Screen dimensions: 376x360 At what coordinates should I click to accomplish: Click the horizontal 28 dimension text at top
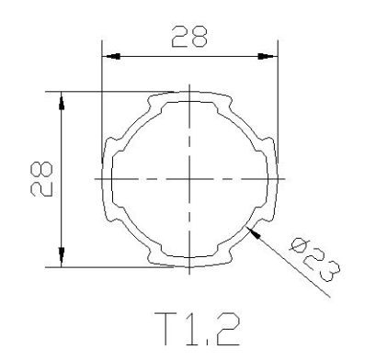(x=189, y=37)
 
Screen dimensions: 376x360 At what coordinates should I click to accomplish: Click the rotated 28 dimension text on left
(x=41, y=179)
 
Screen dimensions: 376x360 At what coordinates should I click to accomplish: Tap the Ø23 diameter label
(x=314, y=260)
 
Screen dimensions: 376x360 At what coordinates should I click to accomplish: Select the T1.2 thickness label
(x=197, y=329)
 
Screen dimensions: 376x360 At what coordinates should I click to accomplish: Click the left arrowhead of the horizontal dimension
(x=111, y=56)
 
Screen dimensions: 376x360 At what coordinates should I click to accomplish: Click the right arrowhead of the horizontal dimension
(x=267, y=56)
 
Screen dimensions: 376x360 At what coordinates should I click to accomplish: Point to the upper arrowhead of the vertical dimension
(x=62, y=101)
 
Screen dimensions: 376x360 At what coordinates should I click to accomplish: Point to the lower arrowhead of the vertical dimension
(x=62, y=257)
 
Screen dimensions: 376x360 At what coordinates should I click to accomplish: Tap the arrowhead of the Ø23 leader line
(x=254, y=232)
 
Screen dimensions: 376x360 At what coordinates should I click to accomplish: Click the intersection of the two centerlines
(x=189, y=179)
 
